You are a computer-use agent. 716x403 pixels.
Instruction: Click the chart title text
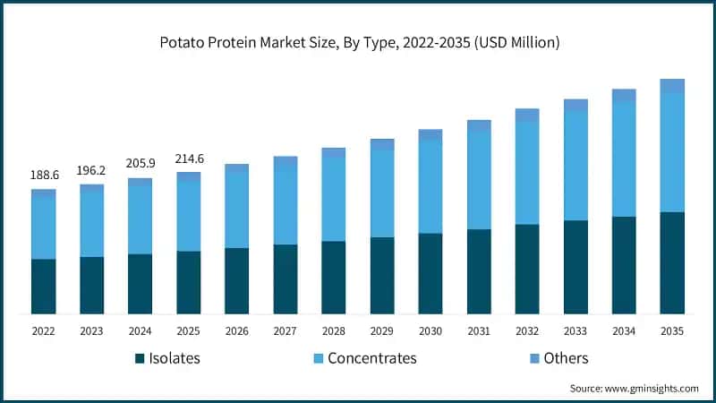click(x=358, y=43)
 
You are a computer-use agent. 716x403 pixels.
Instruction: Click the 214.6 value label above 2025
click(x=188, y=159)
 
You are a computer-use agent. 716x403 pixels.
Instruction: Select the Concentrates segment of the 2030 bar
click(x=430, y=186)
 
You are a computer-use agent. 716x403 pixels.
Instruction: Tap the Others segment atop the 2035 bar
click(x=671, y=85)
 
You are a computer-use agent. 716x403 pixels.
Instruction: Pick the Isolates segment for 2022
click(x=43, y=287)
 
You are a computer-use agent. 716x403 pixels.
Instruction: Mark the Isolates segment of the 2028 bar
click(x=333, y=278)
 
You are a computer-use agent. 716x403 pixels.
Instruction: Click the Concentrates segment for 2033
click(x=575, y=166)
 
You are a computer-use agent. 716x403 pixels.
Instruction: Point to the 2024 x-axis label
click(x=140, y=330)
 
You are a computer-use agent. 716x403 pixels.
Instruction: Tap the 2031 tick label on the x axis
click(x=479, y=330)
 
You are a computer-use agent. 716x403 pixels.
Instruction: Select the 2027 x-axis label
click(x=285, y=330)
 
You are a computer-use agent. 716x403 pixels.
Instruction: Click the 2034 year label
click(x=624, y=330)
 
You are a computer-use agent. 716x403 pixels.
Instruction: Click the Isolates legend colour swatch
click(x=141, y=359)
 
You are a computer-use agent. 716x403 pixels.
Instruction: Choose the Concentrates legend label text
click(x=371, y=358)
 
